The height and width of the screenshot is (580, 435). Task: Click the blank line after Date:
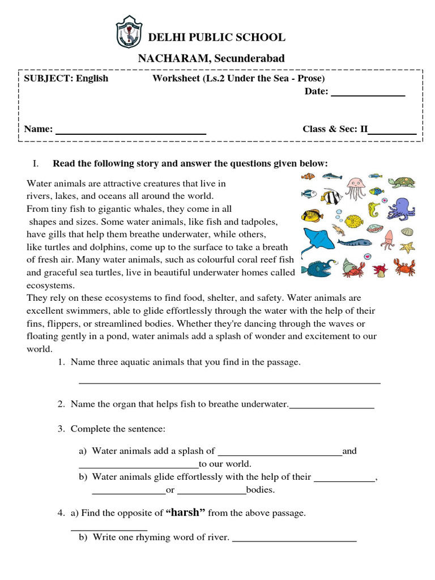pyautogui.click(x=368, y=96)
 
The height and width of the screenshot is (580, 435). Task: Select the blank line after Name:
pyautogui.click(x=130, y=134)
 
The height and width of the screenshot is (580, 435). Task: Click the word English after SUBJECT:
pyautogui.click(x=92, y=78)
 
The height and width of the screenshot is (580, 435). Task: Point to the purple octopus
pyautogui.click(x=401, y=209)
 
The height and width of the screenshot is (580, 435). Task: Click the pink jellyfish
pyautogui.click(x=355, y=188)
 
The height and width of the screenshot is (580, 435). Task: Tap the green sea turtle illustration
pyautogui.click(x=402, y=182)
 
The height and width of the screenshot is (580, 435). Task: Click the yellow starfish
pyautogui.click(x=407, y=247)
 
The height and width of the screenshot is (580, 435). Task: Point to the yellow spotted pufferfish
pyautogui.click(x=355, y=220)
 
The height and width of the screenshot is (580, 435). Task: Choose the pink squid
pyautogui.click(x=389, y=239)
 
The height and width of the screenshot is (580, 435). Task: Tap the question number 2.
pyautogui.click(x=61, y=404)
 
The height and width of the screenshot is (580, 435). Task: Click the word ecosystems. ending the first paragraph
pyautogui.click(x=50, y=285)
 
